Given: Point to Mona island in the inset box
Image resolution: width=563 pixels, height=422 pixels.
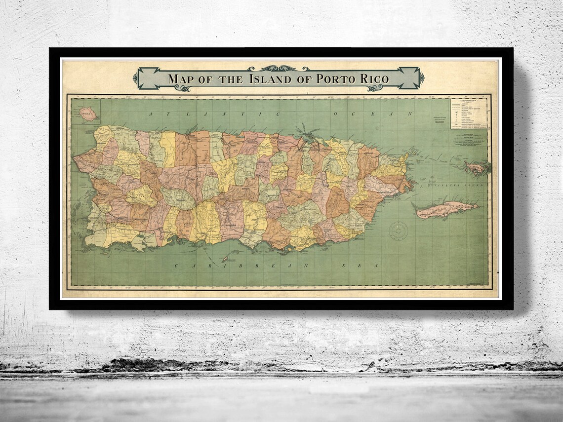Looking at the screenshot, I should tap(89, 113).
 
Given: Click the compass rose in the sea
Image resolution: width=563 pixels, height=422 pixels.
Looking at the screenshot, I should tap(399, 230).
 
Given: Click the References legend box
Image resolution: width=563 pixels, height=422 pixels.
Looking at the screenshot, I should tap(468, 114).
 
